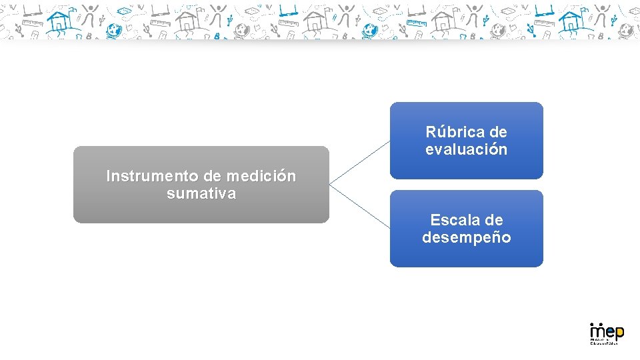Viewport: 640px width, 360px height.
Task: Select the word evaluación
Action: pos(467,149)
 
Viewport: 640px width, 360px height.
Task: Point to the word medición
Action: pos(261,177)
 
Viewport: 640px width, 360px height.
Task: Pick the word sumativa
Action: pos(201,194)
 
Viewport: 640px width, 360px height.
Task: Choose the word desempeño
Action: pos(467,237)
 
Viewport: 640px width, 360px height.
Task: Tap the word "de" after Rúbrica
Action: pos(497,132)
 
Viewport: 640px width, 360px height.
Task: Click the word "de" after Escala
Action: pos(494,220)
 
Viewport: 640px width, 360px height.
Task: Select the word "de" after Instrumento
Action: pos(213,177)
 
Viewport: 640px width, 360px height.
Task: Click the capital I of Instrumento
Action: pos(109,177)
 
